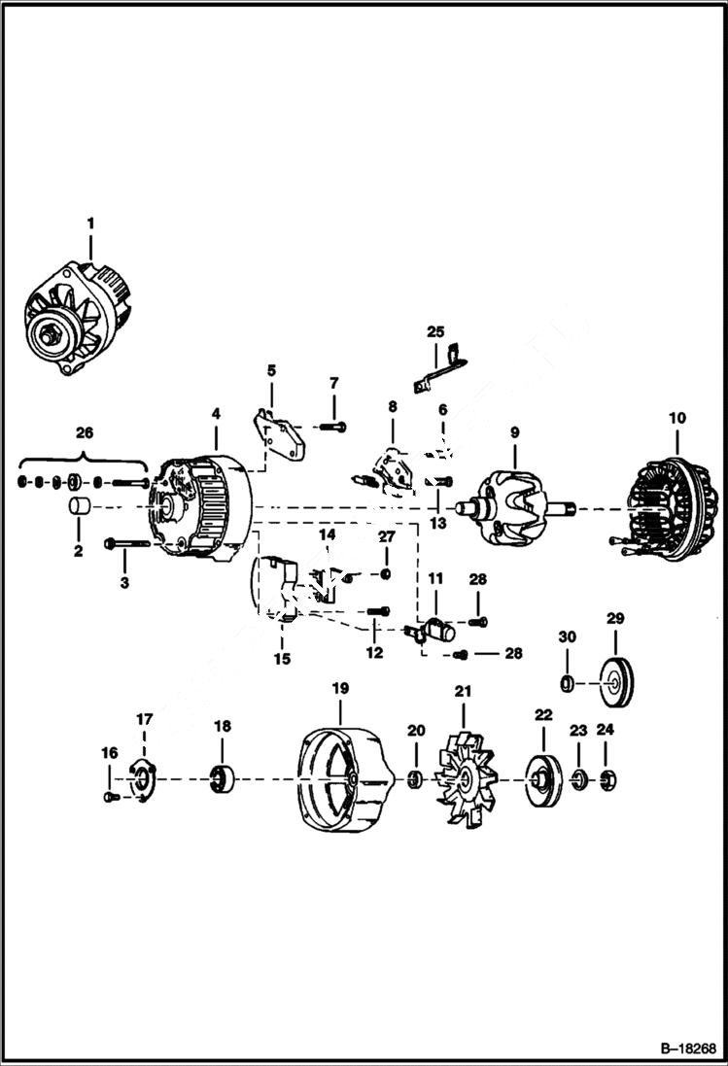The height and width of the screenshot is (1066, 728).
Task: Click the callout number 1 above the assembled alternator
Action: [x=90, y=224]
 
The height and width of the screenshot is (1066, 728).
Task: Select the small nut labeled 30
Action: [x=569, y=683]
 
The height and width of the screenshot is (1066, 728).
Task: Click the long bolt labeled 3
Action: [x=125, y=544]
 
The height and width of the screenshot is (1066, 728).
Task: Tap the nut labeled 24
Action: [x=607, y=779]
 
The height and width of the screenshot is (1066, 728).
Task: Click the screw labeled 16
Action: [x=109, y=797]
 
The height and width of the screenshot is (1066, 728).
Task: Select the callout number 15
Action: [x=283, y=657]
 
